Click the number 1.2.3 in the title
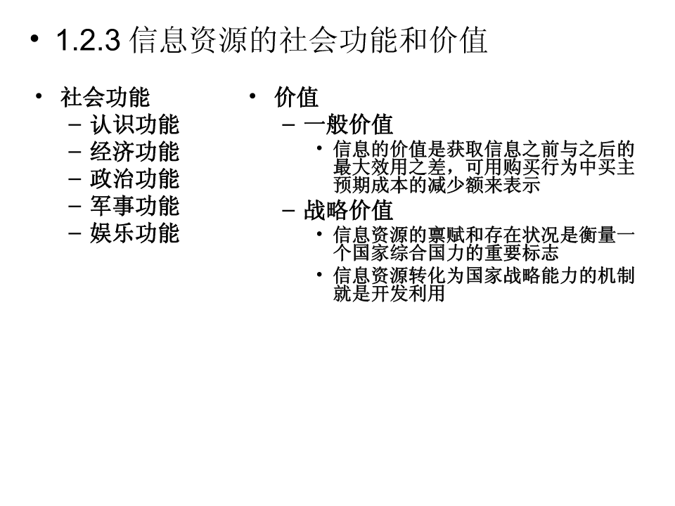click(x=89, y=40)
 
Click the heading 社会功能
click(x=105, y=97)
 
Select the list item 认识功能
click(x=135, y=125)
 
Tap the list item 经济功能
click(x=135, y=152)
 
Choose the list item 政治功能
click(x=135, y=179)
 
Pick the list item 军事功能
click(x=135, y=206)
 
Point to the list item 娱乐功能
click(x=135, y=233)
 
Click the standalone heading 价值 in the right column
click(x=297, y=97)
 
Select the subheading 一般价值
click(x=348, y=125)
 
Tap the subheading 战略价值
click(x=348, y=211)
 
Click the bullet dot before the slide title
click(x=34, y=39)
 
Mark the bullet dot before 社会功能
click(x=39, y=96)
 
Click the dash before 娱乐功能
click(x=75, y=233)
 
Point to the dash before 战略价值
click(x=288, y=211)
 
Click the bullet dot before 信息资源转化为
click(x=319, y=274)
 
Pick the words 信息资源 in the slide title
click(x=188, y=40)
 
